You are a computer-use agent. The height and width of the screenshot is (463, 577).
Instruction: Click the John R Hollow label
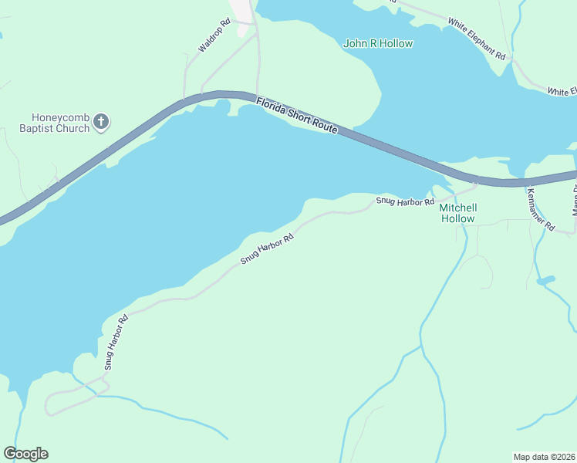[378, 44]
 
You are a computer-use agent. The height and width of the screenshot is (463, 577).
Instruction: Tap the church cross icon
[103, 121]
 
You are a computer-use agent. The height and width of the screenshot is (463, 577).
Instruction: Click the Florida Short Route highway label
[297, 115]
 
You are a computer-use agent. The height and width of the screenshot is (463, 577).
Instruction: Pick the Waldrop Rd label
[214, 36]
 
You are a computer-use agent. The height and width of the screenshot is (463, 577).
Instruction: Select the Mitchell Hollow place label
[458, 213]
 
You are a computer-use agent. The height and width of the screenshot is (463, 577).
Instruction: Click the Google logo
[25, 454]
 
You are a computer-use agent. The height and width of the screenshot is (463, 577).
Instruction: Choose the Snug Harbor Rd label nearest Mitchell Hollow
[405, 201]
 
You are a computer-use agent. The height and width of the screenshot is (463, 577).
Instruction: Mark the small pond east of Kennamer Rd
[545, 279]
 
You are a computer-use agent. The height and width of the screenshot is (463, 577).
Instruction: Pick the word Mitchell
[458, 208]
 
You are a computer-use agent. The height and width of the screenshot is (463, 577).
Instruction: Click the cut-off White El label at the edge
[562, 92]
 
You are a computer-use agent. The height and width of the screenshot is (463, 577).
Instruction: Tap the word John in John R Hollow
[354, 44]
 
